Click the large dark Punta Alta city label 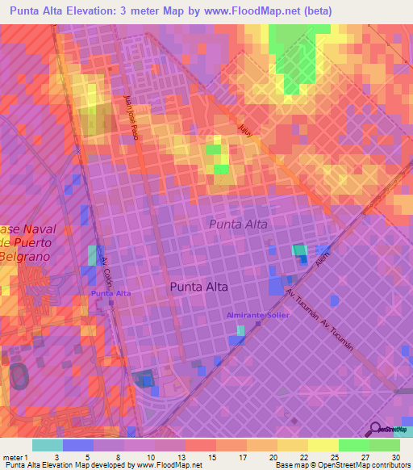pyautogui.click(x=198, y=287)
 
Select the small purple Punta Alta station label pyautogui.click(x=111, y=293)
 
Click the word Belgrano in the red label pyautogui.click(x=24, y=256)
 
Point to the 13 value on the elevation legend pyautogui.click(x=170, y=456)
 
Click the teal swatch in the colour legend pyautogui.click(x=48, y=445)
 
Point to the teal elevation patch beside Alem pyautogui.click(x=299, y=251)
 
